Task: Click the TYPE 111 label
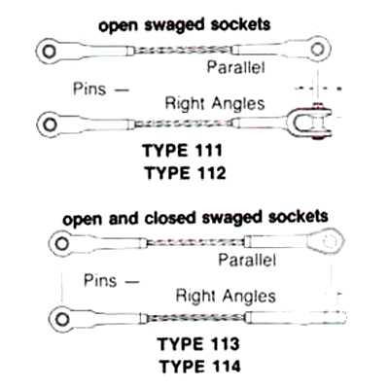(182, 151)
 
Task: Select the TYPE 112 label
(185, 173)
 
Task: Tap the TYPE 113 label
(198, 344)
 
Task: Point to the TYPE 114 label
(200, 367)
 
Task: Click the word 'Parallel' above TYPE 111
(236, 67)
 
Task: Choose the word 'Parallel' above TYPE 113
(247, 260)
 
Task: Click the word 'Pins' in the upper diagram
(89, 88)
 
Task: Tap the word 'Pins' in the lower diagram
(100, 280)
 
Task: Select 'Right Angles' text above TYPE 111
(215, 104)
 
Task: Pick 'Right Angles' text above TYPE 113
(226, 296)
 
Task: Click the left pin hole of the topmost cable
(49, 52)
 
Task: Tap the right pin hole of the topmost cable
(317, 49)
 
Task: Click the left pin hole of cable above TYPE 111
(50, 124)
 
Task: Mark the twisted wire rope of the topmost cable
(184, 50)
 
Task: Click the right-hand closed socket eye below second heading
(326, 241)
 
